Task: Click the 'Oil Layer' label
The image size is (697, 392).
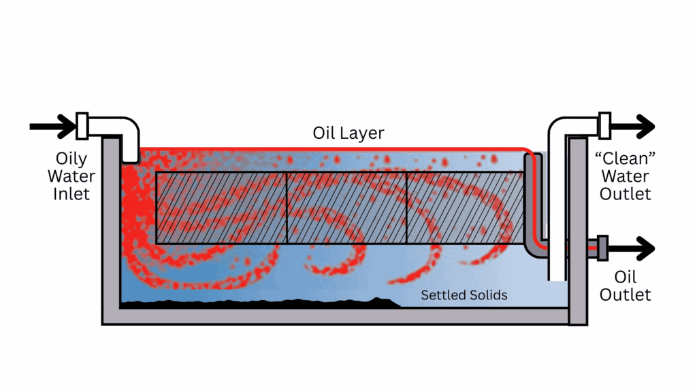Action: [x=348, y=133]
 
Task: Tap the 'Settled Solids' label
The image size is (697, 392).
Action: [x=464, y=295]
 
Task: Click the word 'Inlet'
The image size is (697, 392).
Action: [x=71, y=194]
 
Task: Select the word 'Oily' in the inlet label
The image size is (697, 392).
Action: [x=71, y=159]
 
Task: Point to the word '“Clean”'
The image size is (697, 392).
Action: [x=625, y=158]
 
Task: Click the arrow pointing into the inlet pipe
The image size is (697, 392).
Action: [x=52, y=127]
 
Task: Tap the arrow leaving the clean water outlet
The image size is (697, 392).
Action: [x=633, y=127]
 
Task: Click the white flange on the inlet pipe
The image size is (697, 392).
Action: [x=82, y=126]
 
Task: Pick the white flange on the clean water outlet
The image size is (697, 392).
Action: [x=604, y=126]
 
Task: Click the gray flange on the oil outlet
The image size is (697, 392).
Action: [x=602, y=248]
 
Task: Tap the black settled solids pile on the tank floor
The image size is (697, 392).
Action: [x=260, y=304]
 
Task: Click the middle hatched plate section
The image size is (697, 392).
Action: [x=346, y=208]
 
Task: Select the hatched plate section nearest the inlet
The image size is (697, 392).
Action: [x=221, y=208]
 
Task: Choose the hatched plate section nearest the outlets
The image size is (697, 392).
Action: [x=466, y=208]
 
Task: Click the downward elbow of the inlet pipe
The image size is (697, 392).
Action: [x=130, y=137]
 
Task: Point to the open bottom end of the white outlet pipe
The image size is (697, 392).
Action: [x=557, y=279]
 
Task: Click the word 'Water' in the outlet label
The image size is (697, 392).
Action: [x=625, y=176]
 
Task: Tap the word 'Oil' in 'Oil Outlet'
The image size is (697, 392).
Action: [x=625, y=277]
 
